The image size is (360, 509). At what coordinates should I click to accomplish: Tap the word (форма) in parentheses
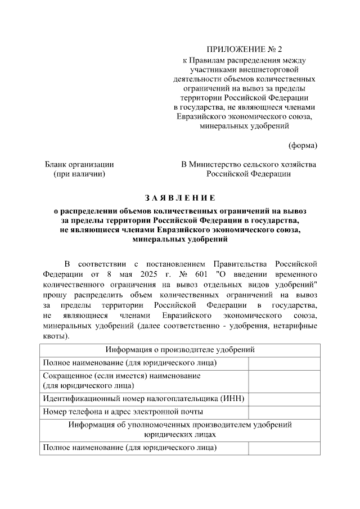tap(303, 145)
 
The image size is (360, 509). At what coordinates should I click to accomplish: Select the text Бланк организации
tap(79, 164)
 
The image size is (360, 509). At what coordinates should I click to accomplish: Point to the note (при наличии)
tap(79, 174)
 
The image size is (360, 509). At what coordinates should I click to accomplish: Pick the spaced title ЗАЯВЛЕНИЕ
tap(180, 197)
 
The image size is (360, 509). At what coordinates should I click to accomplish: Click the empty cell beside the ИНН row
tap(284, 399)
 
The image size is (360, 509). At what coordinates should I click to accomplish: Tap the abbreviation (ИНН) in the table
tap(232, 399)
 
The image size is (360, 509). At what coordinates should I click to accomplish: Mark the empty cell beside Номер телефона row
tap(284, 412)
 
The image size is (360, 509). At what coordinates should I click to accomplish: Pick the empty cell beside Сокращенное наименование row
tap(284, 380)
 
